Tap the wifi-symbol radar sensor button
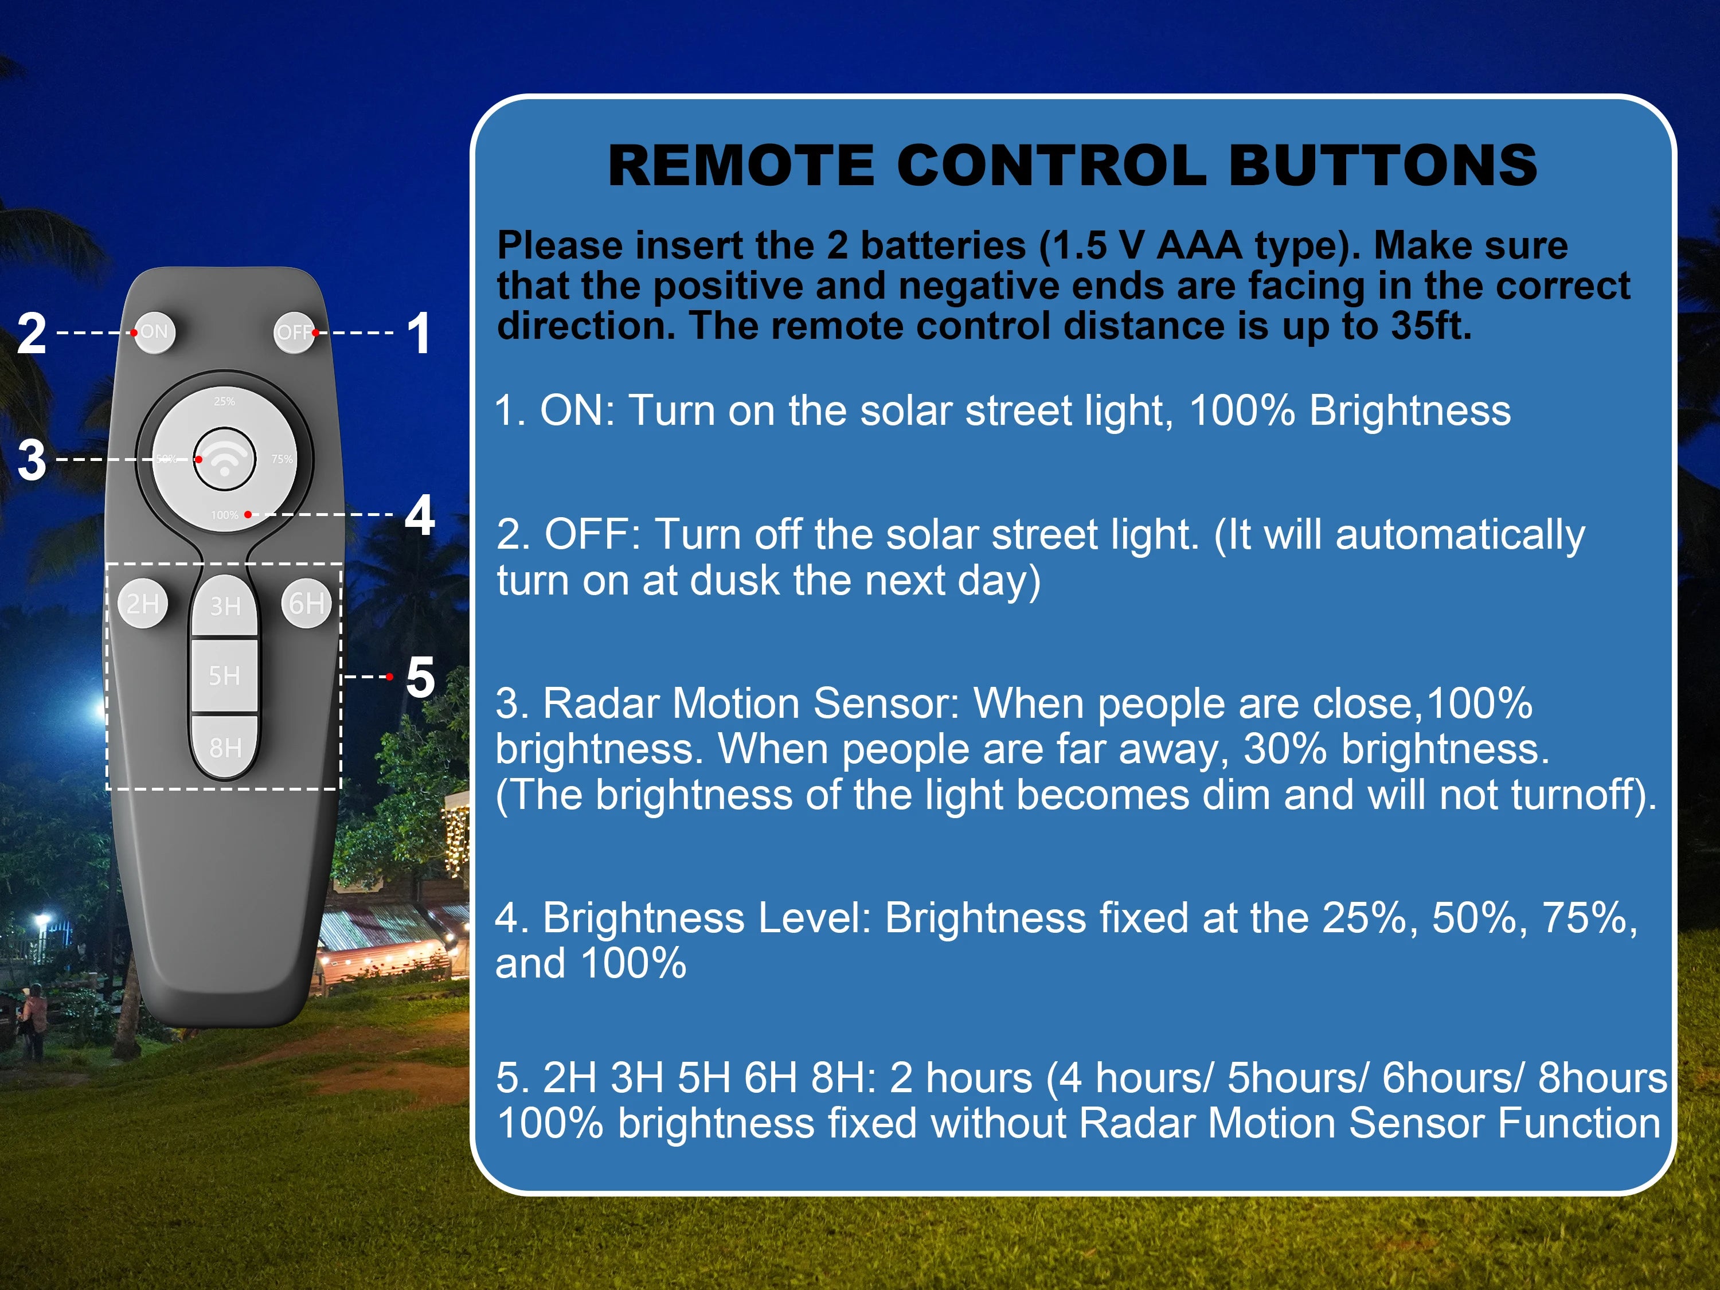225,459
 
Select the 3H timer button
225,606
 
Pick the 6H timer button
306,603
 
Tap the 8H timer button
225,746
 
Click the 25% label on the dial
224,401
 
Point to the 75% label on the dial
282,459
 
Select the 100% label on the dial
225,515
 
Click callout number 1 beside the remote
419,333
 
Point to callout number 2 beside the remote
32,333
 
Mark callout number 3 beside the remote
32,460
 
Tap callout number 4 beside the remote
420,515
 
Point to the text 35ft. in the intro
1432,325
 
